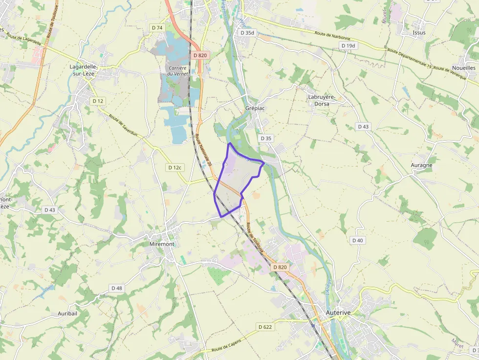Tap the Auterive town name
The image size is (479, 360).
coord(339,311)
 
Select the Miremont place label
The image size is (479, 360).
coord(162,244)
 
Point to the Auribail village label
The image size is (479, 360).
coord(68,313)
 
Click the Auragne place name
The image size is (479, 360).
coord(421,165)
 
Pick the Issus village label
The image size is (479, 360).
coord(419,33)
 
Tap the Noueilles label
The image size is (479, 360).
coord(464,68)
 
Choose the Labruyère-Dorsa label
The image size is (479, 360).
coord(322,100)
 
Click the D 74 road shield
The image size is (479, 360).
coord(157,28)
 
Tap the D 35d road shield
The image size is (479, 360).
coord(247,33)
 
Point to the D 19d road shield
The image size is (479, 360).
coord(348,45)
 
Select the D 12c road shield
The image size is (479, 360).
coord(174,168)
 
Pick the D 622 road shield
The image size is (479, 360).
coord(265,327)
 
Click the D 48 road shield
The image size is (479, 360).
coord(116,288)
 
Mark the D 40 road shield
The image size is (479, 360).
coord(357,240)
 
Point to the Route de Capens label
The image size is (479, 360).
coord(227,348)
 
